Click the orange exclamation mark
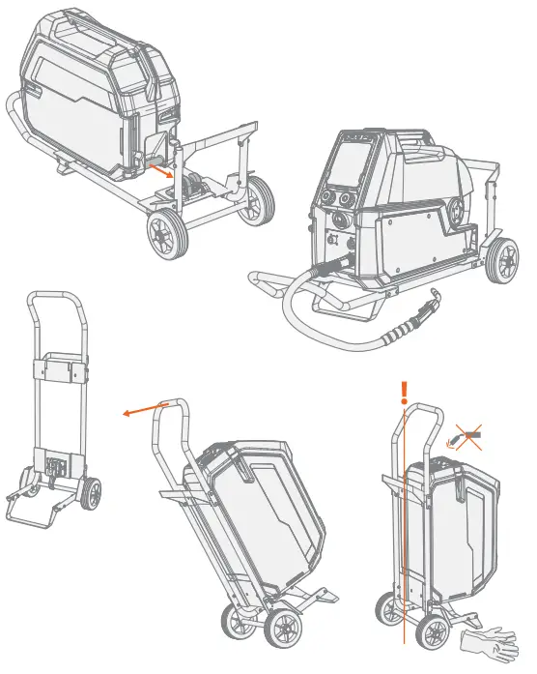[x=407, y=391]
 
